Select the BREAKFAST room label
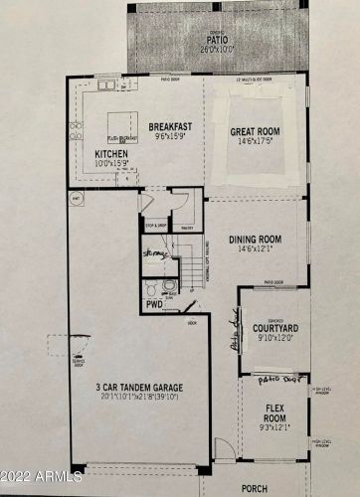click(170, 128)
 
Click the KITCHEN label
click(110, 154)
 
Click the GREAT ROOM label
click(256, 131)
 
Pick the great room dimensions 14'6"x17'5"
click(256, 142)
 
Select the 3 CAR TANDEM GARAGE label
click(138, 387)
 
